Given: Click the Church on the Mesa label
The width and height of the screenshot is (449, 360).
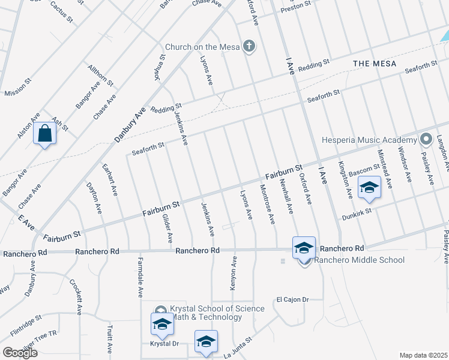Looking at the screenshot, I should tap(202, 47).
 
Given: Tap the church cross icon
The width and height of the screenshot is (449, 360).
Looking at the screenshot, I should tap(248, 46).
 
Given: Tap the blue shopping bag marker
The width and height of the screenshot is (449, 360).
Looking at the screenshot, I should tap(46, 133).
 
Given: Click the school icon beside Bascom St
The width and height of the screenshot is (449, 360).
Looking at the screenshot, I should tap(369, 188).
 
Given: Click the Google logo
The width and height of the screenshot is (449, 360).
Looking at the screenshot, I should tap(20, 353).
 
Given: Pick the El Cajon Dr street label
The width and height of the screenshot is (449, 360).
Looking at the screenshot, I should tap(292, 299).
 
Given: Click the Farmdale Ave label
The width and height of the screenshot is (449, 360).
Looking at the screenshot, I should tap(140, 278).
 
